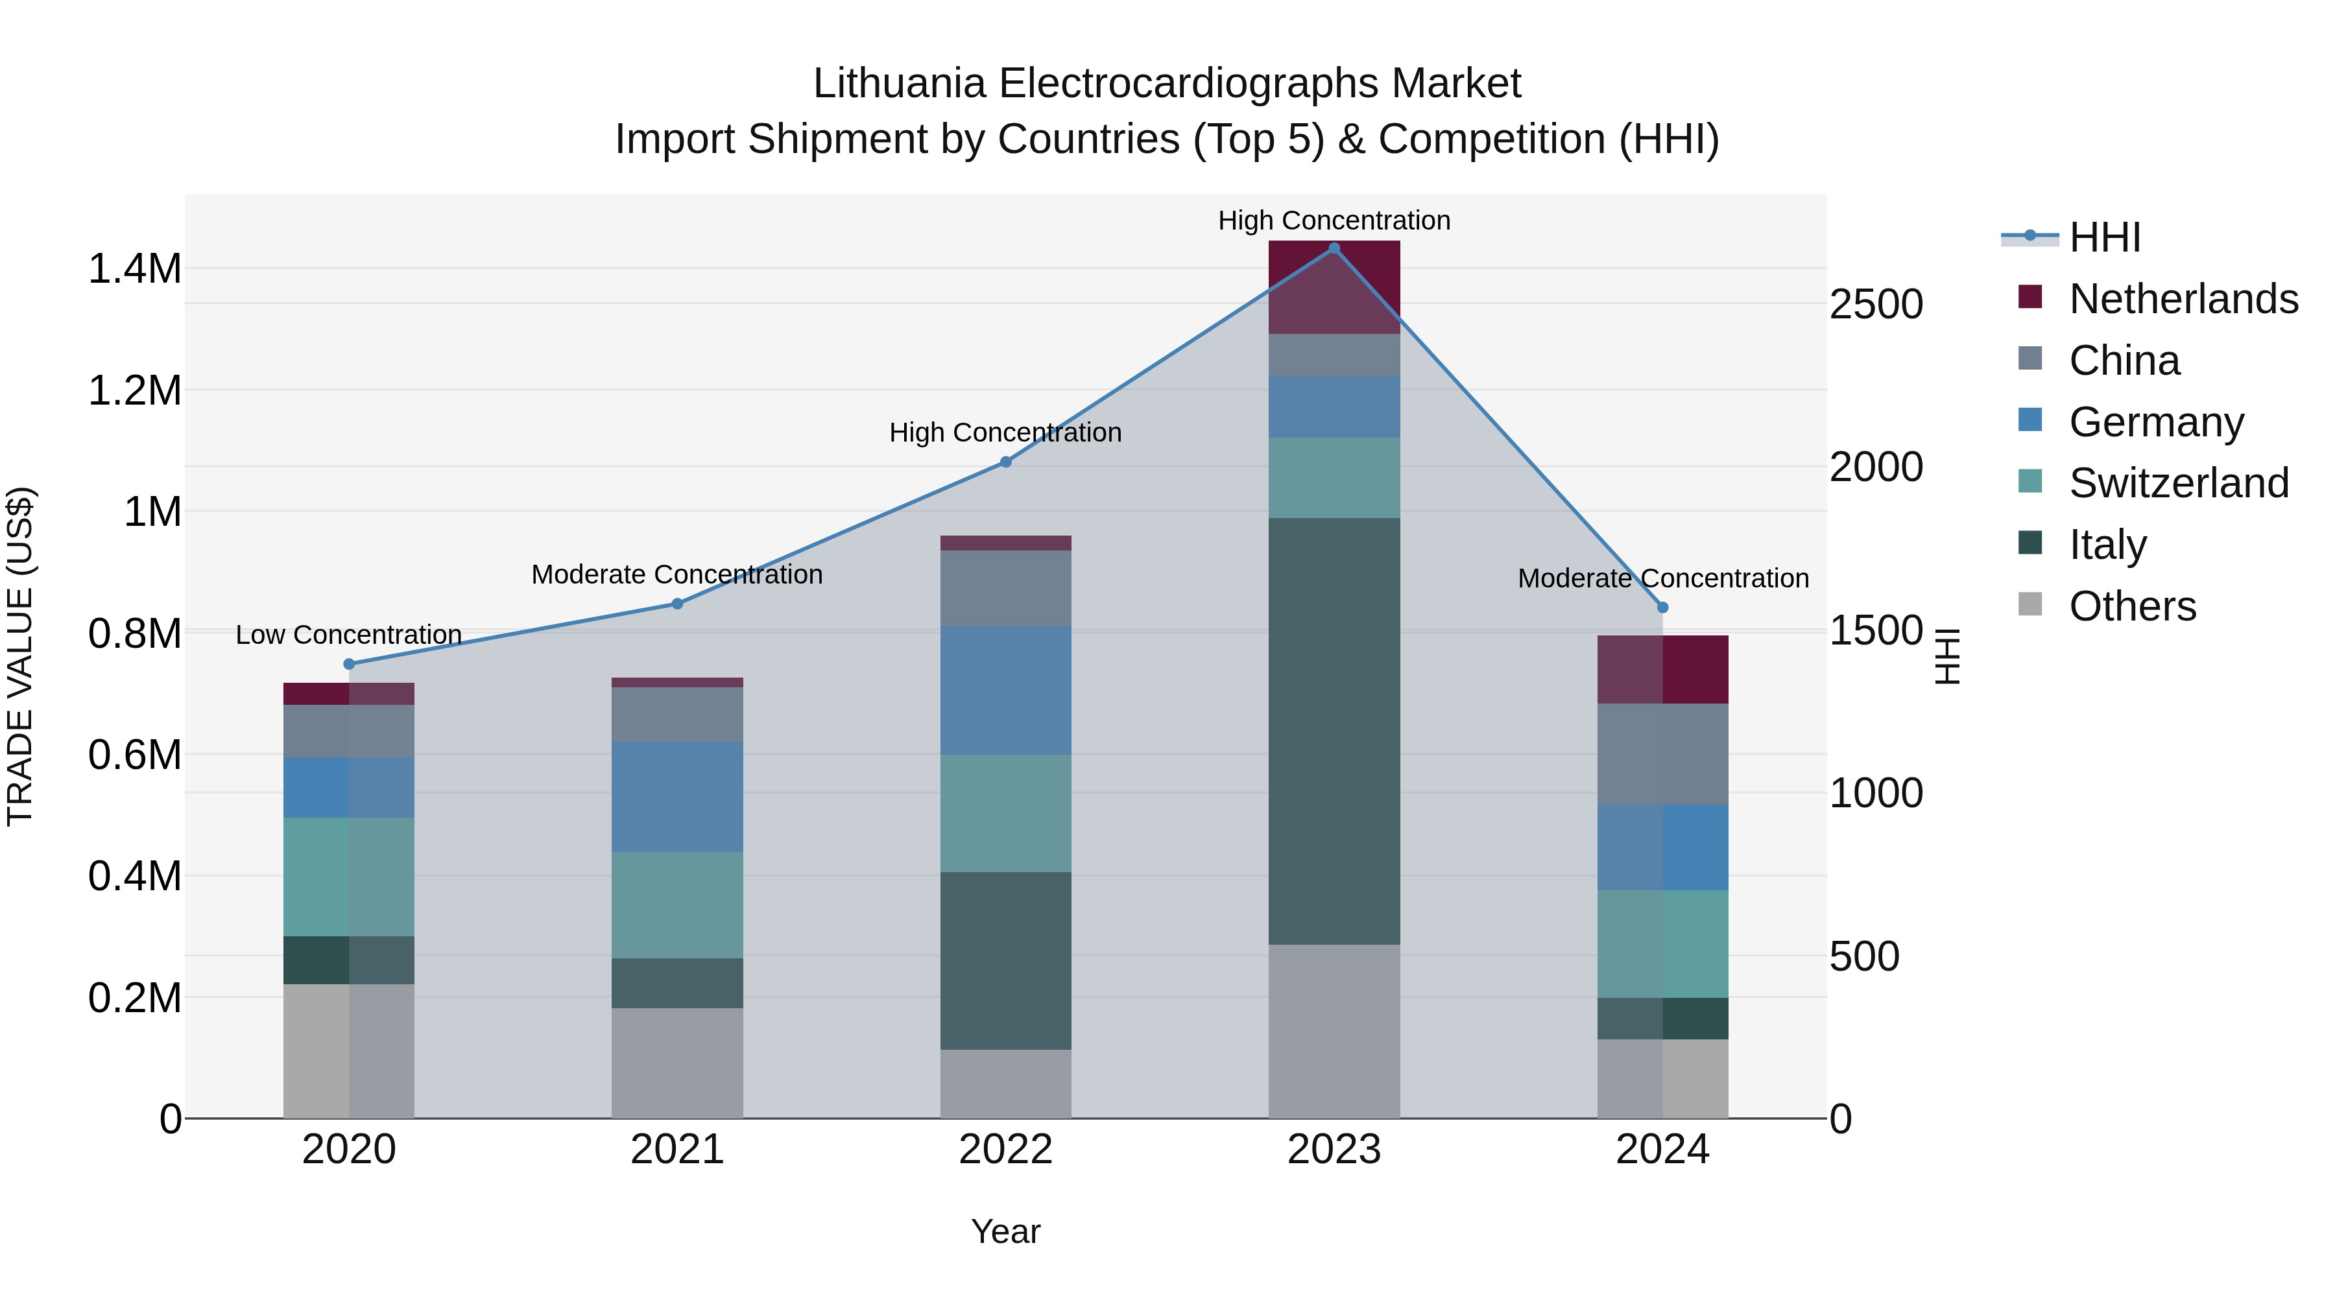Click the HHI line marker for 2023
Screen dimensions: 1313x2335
[x=1334, y=248]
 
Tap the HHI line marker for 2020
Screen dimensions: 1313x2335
[x=349, y=664]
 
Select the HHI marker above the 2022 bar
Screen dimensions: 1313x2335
[x=1005, y=462]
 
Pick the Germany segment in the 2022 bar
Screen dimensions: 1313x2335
[x=1005, y=690]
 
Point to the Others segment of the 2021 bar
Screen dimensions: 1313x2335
[x=677, y=1062]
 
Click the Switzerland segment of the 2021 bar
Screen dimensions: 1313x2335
[x=677, y=905]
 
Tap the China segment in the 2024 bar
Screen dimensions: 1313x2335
[x=1662, y=754]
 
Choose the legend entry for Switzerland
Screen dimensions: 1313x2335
[x=2178, y=483]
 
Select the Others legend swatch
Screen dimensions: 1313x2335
[x=2030, y=604]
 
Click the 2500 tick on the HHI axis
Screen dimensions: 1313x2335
[x=1874, y=305]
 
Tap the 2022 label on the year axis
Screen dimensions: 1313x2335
[x=1005, y=1150]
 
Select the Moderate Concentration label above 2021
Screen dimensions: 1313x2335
[x=677, y=574]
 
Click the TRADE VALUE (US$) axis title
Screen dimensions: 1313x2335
[x=20, y=656]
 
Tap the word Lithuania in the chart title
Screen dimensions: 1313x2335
[x=898, y=84]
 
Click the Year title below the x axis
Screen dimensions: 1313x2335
[x=1005, y=1231]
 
